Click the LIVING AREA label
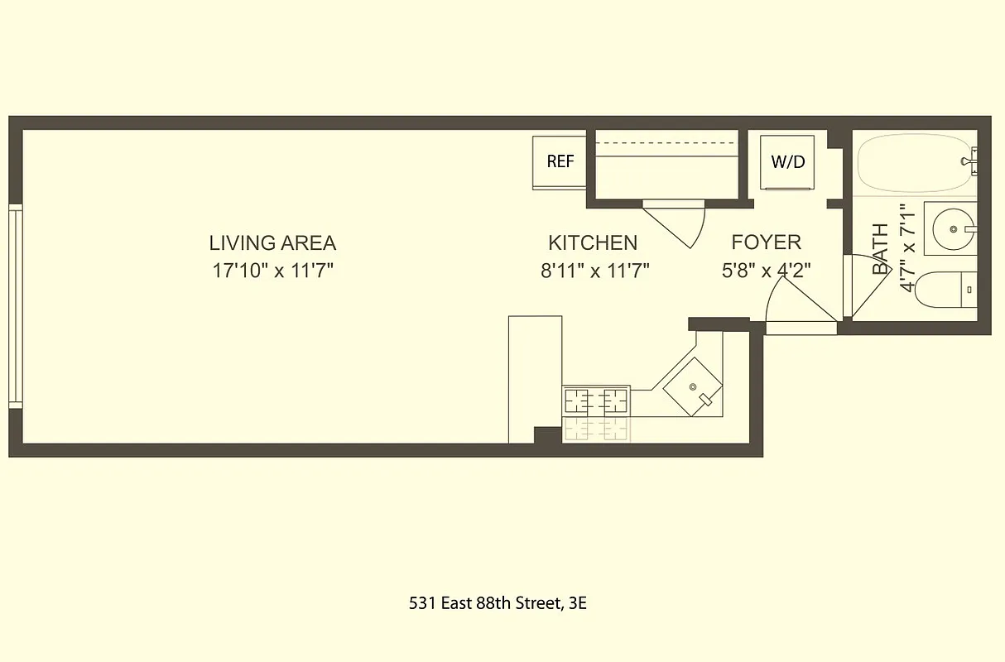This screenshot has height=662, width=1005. [272, 243]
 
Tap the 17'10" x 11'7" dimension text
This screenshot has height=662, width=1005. [272, 271]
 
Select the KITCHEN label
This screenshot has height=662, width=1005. [593, 243]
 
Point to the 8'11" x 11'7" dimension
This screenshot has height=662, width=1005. [594, 271]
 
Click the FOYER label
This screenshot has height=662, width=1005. [766, 242]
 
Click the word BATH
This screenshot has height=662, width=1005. [880, 248]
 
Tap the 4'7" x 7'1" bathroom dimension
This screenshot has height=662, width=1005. [907, 248]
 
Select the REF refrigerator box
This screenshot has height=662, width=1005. [560, 161]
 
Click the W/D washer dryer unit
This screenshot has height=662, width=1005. [787, 161]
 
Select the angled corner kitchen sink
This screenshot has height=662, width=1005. [691, 386]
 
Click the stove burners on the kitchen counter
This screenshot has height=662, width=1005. [595, 401]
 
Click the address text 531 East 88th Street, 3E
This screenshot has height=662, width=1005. [498, 603]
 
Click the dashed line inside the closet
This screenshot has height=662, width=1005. [666, 144]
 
